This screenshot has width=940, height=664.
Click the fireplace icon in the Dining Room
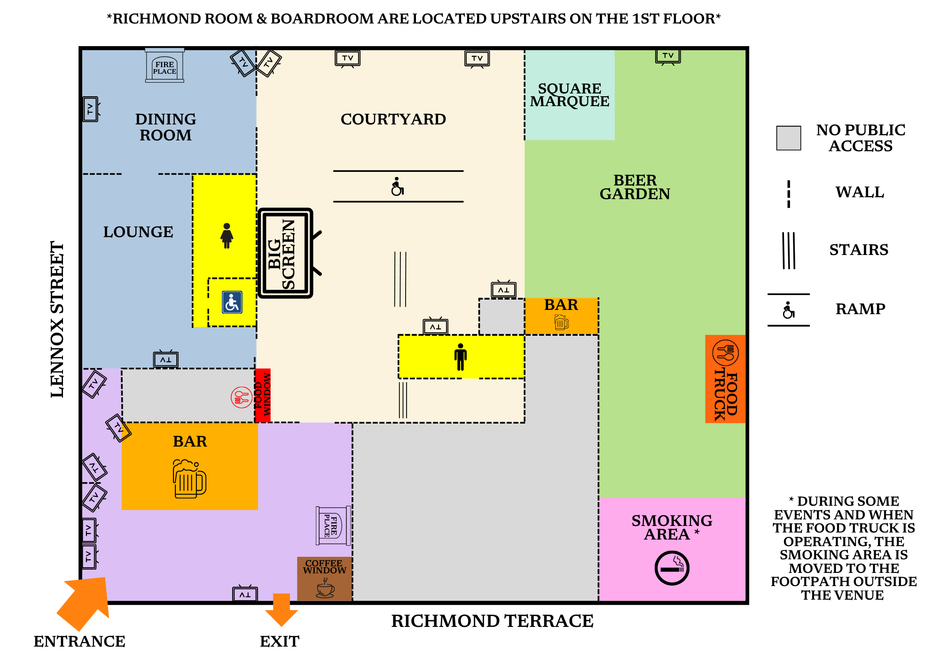pyautogui.click(x=164, y=66)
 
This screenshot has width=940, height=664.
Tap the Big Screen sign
pyautogui.click(x=285, y=253)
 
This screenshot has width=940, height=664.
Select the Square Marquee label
pyautogui.click(x=570, y=95)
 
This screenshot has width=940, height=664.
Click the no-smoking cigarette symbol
pyautogui.click(x=672, y=568)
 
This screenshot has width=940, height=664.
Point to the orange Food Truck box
pyautogui.click(x=725, y=379)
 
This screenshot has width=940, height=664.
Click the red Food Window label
pyautogui.click(x=263, y=395)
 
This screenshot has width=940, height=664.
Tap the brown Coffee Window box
pyautogui.click(x=325, y=579)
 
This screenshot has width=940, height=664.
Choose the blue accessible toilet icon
pyautogui.click(x=232, y=302)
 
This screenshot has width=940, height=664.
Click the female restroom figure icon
pyautogui.click(x=227, y=236)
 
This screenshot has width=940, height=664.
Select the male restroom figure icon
pyautogui.click(x=461, y=357)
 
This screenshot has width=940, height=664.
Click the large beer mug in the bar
pyautogui.click(x=189, y=479)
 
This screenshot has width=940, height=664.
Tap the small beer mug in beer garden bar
pyautogui.click(x=561, y=322)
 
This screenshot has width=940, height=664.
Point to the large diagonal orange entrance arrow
pyautogui.click(x=85, y=603)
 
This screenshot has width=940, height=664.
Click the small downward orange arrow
pyautogui.click(x=282, y=610)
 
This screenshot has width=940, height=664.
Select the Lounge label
pyautogui.click(x=138, y=232)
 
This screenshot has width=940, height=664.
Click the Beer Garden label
pyautogui.click(x=634, y=187)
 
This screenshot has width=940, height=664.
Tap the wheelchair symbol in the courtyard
pyautogui.click(x=398, y=186)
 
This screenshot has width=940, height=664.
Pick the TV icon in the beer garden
pyautogui.click(x=668, y=56)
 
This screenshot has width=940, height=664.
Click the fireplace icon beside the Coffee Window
pyautogui.click(x=333, y=525)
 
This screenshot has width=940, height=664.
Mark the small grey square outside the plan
pyautogui.click(x=788, y=138)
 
